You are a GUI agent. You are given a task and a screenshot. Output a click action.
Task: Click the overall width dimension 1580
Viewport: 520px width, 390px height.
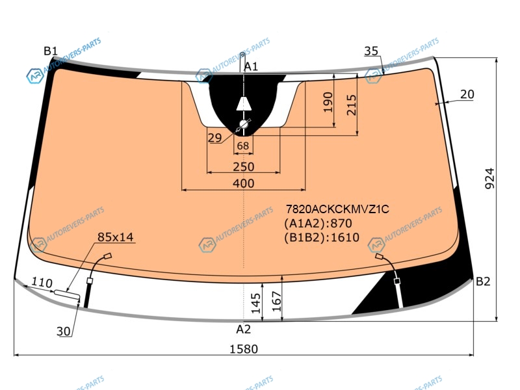pyautogui.click(x=244, y=349)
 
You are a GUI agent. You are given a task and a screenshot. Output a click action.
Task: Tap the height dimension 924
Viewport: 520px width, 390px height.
pyautogui.click(x=489, y=178)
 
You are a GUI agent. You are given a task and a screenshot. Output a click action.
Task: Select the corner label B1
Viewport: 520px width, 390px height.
pyautogui.click(x=51, y=51)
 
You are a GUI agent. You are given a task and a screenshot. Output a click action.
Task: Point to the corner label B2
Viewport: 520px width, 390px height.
pyautogui.click(x=483, y=281)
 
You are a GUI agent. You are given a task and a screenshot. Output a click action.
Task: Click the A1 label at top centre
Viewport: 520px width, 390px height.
pyautogui.click(x=251, y=67)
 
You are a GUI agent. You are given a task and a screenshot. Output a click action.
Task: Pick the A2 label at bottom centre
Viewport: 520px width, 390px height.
pyautogui.click(x=243, y=329)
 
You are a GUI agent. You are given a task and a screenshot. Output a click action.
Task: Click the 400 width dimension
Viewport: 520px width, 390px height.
pyautogui.click(x=243, y=183)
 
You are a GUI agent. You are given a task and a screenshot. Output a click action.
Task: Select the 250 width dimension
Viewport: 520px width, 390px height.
pyautogui.click(x=243, y=166)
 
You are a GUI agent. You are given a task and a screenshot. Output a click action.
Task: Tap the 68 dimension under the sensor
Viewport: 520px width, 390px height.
pyautogui.click(x=243, y=146)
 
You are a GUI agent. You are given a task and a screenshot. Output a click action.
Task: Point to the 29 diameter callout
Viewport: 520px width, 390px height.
pyautogui.click(x=214, y=138)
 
